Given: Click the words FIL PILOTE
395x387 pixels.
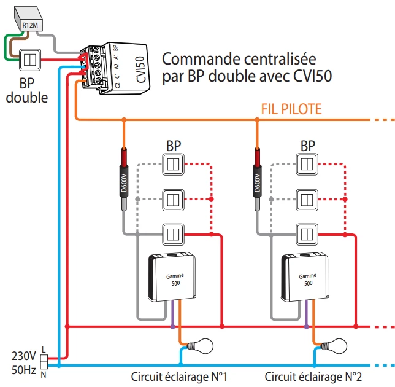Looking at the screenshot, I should tap(291, 109).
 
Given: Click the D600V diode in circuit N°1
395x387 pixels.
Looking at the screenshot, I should tap(123, 182).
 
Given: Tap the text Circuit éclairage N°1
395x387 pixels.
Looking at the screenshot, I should tap(180, 376).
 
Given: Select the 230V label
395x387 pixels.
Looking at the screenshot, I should tap(24, 355).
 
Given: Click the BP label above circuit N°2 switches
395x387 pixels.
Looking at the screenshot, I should tap(308, 146).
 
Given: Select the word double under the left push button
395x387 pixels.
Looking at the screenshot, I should tap(26, 97).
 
